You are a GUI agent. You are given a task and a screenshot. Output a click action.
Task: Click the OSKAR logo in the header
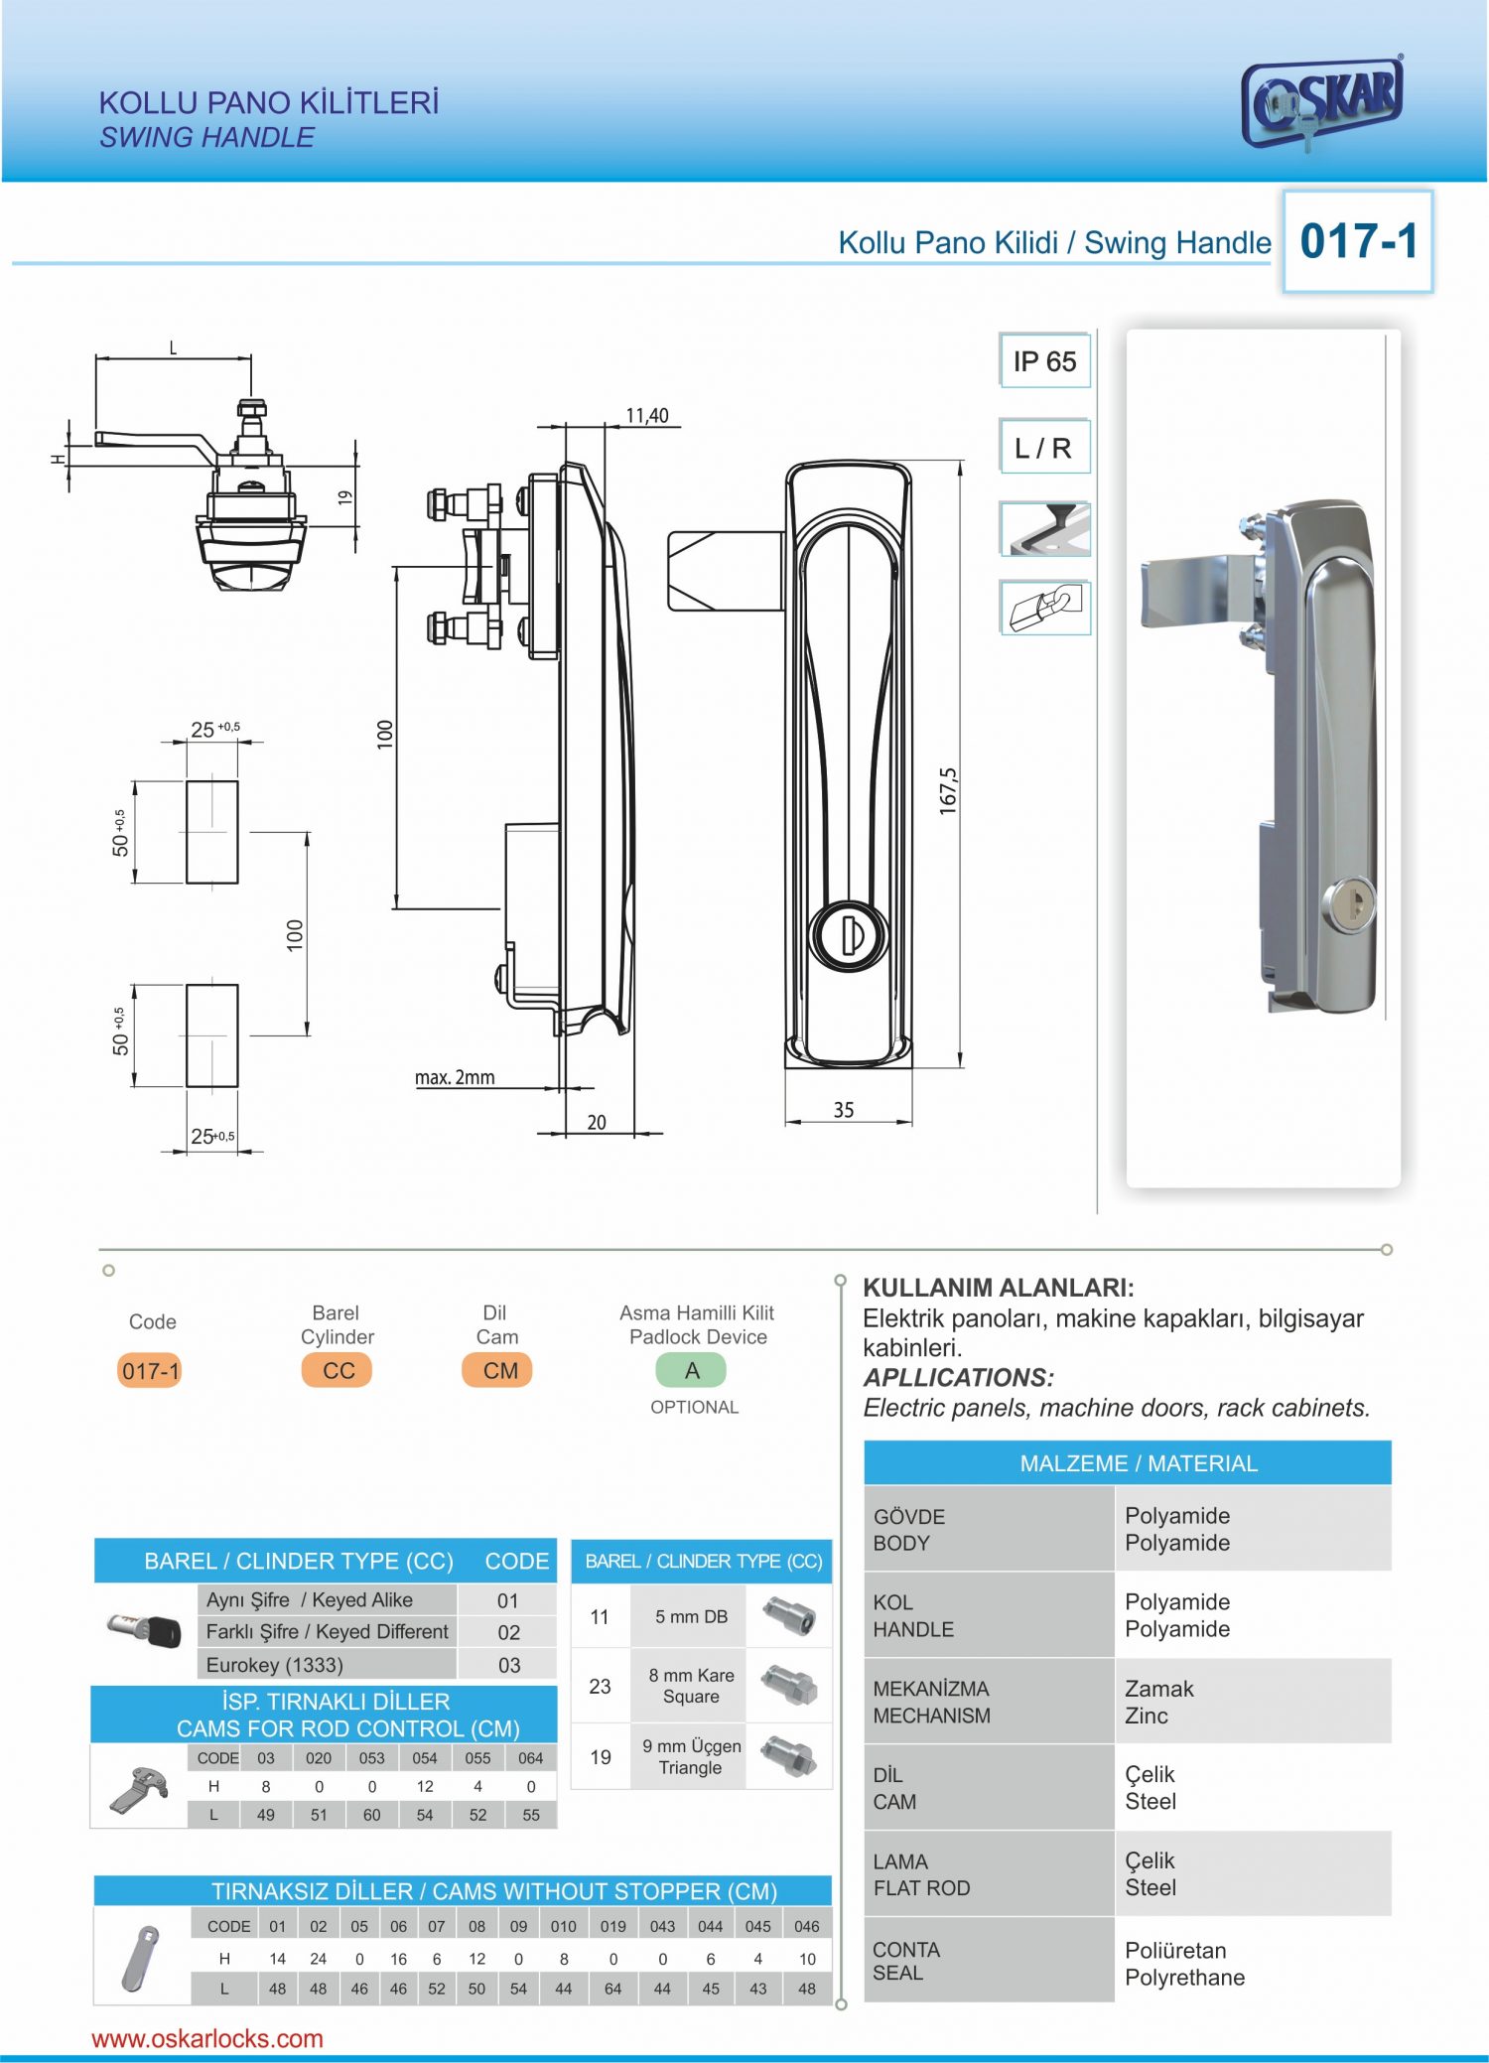[1322, 102]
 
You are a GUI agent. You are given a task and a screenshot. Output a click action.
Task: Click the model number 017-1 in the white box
[1358, 241]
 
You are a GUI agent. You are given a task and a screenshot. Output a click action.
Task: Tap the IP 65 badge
[1044, 361]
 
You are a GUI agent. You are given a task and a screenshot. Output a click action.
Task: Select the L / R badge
[1043, 448]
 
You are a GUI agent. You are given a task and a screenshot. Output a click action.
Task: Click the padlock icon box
[1045, 607]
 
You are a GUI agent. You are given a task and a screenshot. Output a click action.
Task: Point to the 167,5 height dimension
[948, 790]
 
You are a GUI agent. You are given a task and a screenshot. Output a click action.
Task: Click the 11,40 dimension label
[647, 416]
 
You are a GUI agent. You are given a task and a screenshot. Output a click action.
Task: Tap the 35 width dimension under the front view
[843, 1110]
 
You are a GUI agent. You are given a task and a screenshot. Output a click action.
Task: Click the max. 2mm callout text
[455, 1077]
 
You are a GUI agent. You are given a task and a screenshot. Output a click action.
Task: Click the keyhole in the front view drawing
[849, 935]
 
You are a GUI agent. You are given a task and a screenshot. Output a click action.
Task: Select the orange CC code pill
[338, 1371]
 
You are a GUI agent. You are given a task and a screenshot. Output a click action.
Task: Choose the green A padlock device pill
[692, 1371]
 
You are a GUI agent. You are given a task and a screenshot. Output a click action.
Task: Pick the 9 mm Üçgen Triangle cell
[691, 1756]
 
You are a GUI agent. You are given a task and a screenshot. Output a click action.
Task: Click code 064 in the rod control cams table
[531, 1758]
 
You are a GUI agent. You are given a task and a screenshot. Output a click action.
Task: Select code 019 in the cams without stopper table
[612, 1926]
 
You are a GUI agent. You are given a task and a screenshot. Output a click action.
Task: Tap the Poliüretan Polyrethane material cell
[1185, 1964]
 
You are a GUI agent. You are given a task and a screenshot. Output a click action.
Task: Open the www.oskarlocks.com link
[207, 2038]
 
